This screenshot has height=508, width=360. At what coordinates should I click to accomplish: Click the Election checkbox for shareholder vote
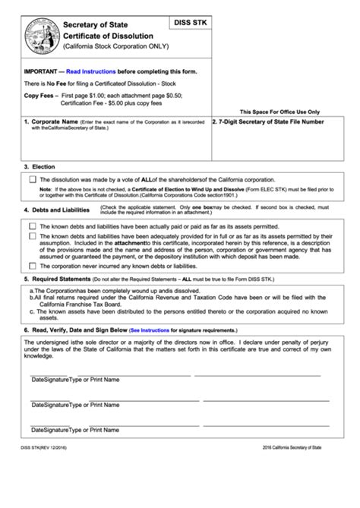point(31,179)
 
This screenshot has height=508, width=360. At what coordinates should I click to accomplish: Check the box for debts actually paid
point(31,226)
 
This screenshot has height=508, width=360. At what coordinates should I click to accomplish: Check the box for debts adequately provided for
point(31,236)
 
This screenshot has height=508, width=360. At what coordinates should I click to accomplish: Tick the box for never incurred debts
point(31,266)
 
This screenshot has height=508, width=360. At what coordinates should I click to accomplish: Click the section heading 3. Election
point(37,166)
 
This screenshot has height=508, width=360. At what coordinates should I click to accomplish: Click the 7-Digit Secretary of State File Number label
point(267,121)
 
